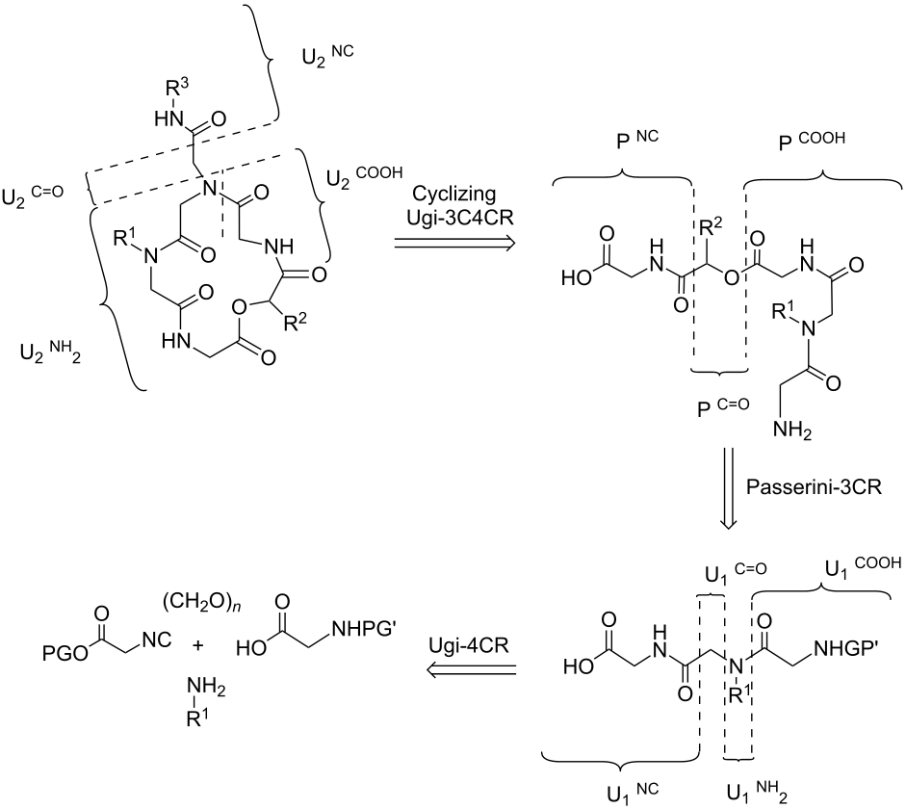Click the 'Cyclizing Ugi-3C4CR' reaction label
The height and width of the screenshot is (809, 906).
454,205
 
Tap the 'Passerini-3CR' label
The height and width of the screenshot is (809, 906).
815,486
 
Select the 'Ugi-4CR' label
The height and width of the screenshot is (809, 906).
469,645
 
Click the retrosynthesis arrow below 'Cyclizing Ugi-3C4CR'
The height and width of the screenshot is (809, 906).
454,244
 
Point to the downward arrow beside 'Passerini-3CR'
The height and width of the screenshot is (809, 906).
728,487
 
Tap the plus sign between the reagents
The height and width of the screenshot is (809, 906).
198,645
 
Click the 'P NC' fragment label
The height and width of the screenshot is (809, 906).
636,140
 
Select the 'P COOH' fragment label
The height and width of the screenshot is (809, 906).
812,141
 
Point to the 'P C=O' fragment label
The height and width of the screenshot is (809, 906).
722,407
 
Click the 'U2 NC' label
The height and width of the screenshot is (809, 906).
327,56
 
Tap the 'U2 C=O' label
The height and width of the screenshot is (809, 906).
33,196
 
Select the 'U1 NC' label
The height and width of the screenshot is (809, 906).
633,793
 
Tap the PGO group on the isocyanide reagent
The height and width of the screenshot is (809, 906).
65,654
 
